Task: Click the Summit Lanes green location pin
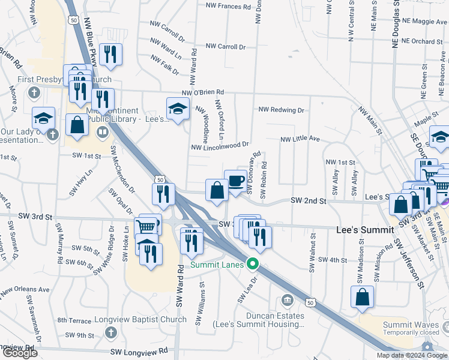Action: click(253, 263)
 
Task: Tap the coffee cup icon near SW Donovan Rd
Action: click(235, 181)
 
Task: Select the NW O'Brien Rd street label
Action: click(203, 92)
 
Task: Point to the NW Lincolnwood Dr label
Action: click(220, 146)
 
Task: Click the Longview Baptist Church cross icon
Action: click(110, 332)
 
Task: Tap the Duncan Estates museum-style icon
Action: click(287, 300)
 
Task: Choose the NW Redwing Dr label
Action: click(282, 110)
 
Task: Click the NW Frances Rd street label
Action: click(228, 7)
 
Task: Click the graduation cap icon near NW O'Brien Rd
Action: click(178, 109)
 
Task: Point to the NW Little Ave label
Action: click(300, 139)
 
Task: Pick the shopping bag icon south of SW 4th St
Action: click(363, 297)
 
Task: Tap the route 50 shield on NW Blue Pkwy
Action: click(73, 20)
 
